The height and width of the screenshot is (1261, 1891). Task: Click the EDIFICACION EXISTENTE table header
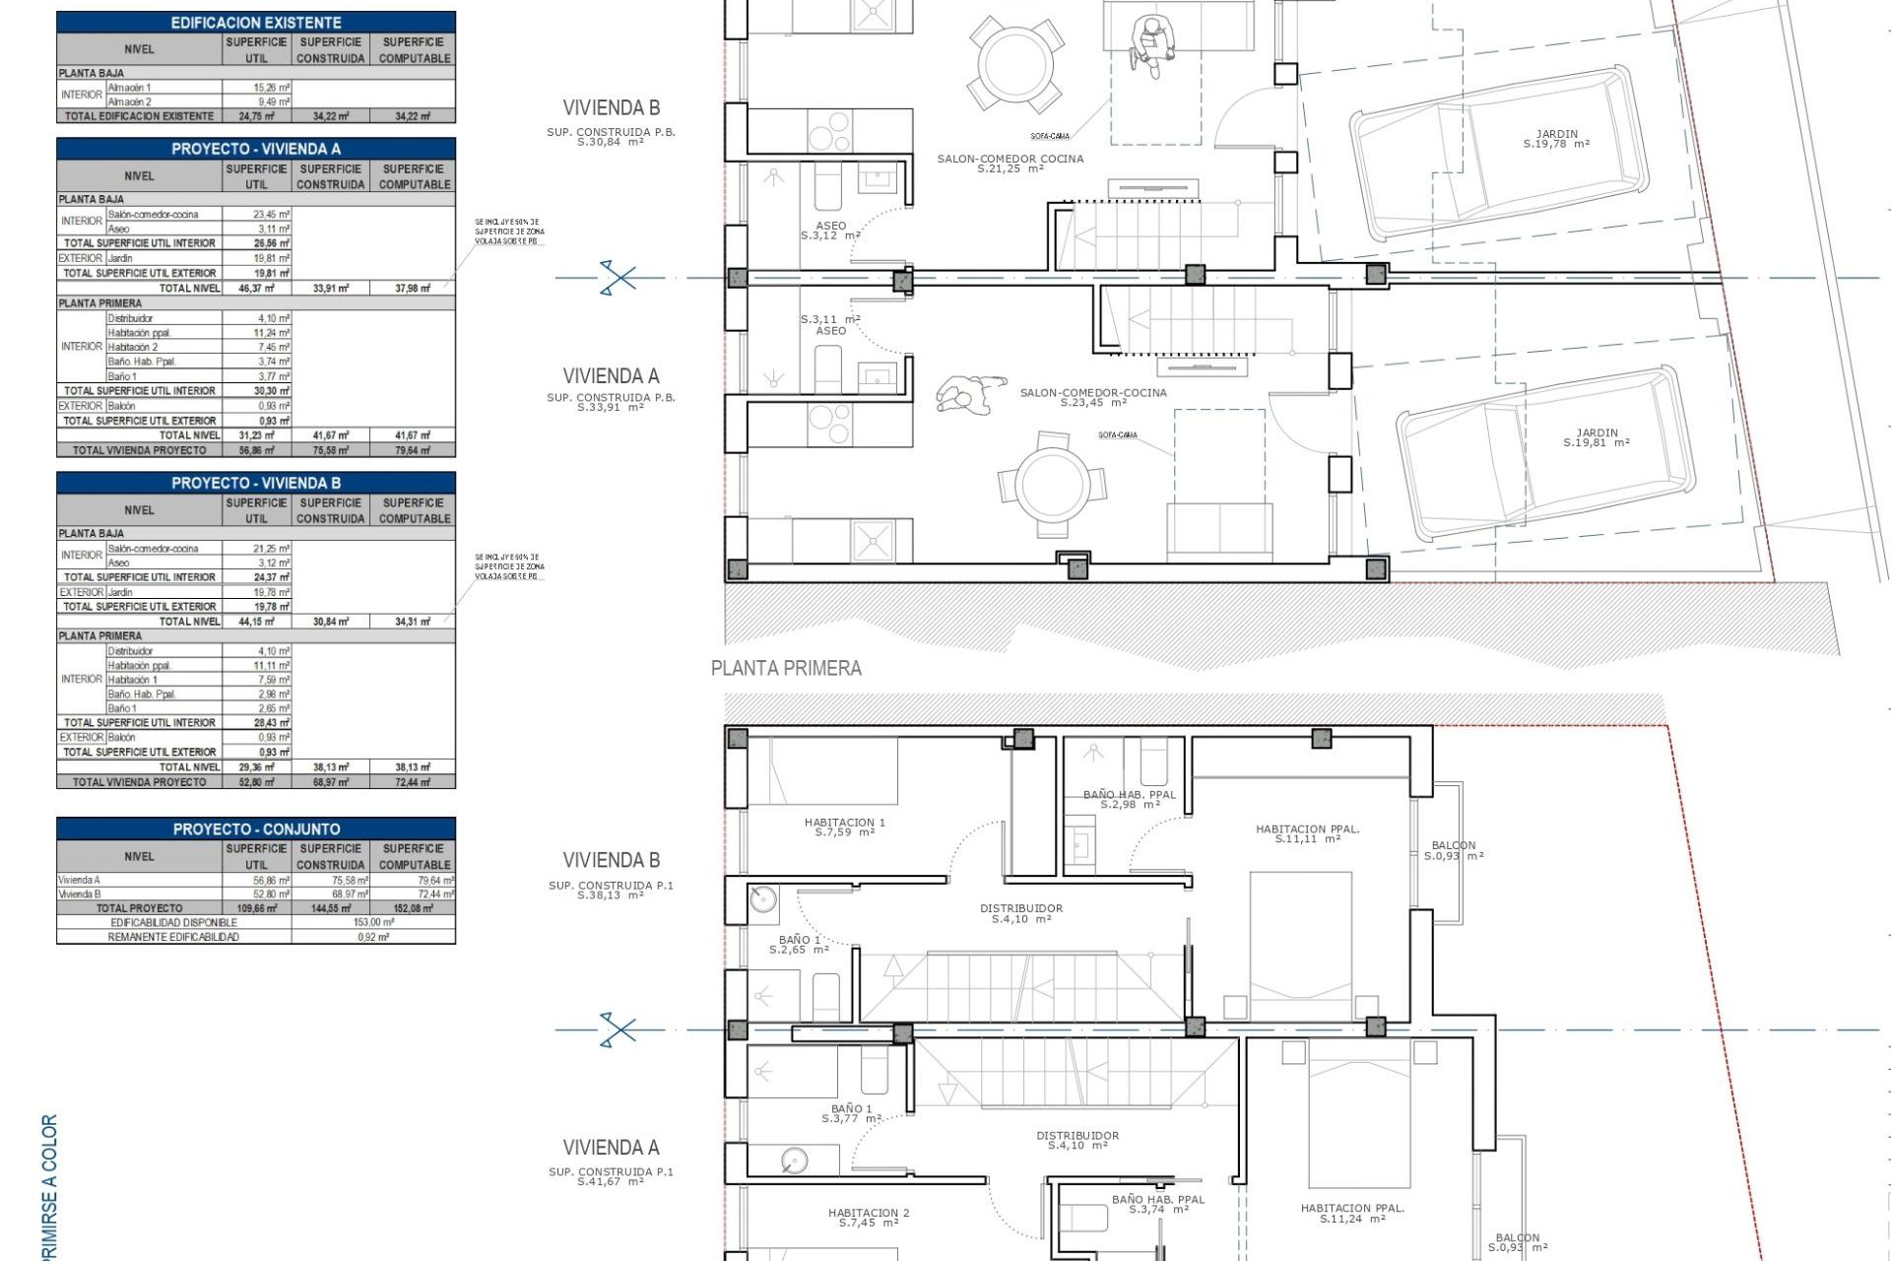pyautogui.click(x=256, y=22)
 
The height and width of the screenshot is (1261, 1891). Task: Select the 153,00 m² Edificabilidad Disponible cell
pyautogui.click(x=373, y=922)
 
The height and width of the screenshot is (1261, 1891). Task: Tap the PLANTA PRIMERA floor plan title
pyautogui.click(x=786, y=669)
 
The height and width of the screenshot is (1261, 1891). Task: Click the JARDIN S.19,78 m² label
pyautogui.click(x=1556, y=139)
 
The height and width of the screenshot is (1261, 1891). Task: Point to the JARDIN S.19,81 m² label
pyautogui.click(x=1596, y=437)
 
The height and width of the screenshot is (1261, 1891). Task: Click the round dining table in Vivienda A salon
pyautogui.click(x=1053, y=484)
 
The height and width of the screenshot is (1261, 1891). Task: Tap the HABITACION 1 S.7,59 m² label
pyautogui.click(x=844, y=828)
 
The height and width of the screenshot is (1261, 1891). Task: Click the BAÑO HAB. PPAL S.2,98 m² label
pyautogui.click(x=1129, y=799)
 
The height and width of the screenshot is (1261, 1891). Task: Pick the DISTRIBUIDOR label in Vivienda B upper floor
pyautogui.click(x=1021, y=913)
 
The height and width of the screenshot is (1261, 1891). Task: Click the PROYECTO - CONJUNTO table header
pyautogui.click(x=256, y=829)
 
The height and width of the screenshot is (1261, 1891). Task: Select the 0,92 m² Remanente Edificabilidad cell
pyautogui.click(x=373, y=937)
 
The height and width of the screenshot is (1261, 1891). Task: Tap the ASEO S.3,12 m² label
pyautogui.click(x=830, y=231)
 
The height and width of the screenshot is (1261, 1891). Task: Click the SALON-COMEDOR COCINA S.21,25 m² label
pyautogui.click(x=1010, y=164)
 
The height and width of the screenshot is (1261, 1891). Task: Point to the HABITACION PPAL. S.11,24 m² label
pyautogui.click(x=1351, y=1213)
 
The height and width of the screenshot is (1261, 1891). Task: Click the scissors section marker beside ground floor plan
pyautogui.click(x=618, y=278)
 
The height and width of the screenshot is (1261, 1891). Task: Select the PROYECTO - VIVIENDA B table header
pyautogui.click(x=256, y=483)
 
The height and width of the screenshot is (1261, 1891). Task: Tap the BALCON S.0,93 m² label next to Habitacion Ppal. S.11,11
pyautogui.click(x=1454, y=850)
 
